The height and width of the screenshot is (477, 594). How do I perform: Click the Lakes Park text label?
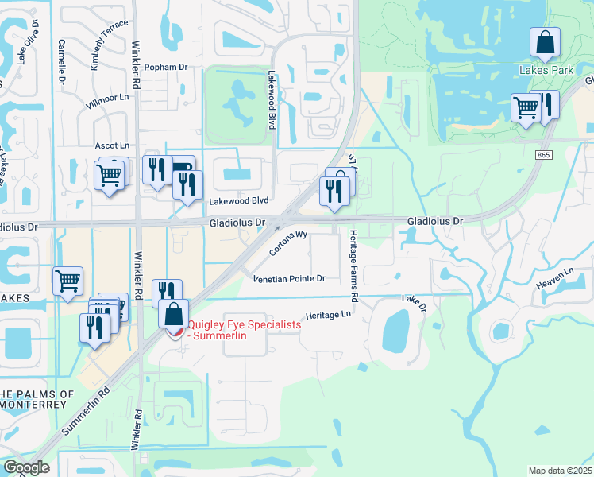click(x=546, y=70)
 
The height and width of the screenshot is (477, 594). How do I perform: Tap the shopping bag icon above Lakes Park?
click(x=546, y=45)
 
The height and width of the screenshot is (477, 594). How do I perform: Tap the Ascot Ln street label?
click(x=111, y=146)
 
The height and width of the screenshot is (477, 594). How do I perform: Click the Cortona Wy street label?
click(x=287, y=243)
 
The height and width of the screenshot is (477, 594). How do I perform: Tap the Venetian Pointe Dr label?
click(x=289, y=279)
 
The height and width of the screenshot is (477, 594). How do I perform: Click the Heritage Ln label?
click(x=328, y=315)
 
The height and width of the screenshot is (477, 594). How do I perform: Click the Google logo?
click(x=26, y=467)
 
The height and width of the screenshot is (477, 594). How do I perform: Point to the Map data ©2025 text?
click(x=560, y=471)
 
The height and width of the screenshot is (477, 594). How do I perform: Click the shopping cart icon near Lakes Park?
click(x=526, y=109)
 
